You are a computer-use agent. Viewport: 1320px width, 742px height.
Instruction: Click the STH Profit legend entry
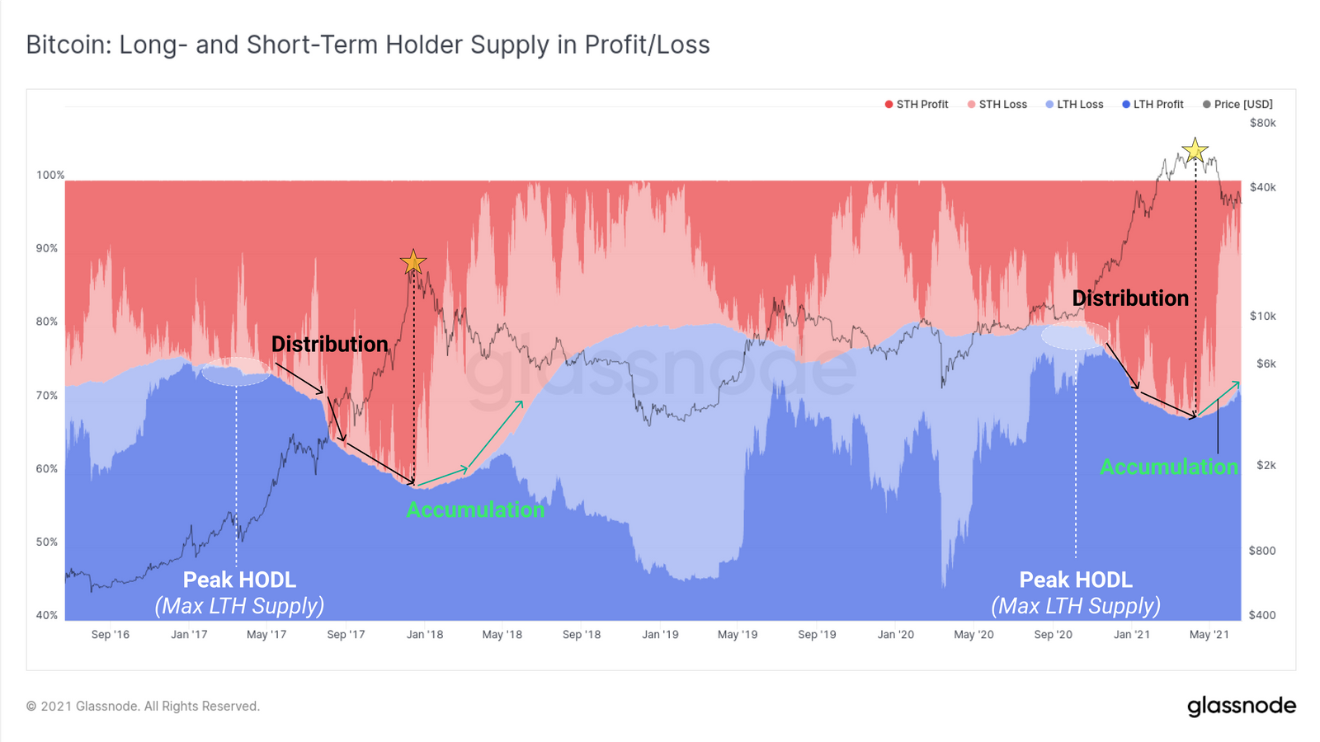point(917,105)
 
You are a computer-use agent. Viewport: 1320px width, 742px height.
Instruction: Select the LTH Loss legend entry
point(1074,105)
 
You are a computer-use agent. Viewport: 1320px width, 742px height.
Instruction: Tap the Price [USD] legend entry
point(1237,105)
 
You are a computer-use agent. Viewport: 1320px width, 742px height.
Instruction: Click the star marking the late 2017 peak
point(413,262)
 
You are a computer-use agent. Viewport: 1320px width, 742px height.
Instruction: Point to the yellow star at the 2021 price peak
point(1195,150)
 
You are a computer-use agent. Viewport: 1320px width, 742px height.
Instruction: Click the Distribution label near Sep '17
point(329,344)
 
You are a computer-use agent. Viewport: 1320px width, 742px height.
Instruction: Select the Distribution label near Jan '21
point(1130,298)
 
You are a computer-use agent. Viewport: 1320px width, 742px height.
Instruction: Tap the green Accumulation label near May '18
point(475,510)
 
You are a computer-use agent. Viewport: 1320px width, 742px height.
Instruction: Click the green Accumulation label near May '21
point(1169,467)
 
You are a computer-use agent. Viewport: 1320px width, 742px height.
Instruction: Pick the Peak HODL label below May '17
point(239,580)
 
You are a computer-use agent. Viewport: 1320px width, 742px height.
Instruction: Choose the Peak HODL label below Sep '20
point(1076,580)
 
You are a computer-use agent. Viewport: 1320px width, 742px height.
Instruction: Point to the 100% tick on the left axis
point(49,175)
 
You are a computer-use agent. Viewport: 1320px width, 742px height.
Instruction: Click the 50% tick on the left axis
point(47,542)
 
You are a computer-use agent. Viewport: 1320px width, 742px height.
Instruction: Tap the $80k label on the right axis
point(1262,123)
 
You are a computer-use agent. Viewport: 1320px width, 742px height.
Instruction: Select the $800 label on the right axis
point(1262,551)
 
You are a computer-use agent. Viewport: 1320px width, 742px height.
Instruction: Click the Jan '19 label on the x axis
point(660,634)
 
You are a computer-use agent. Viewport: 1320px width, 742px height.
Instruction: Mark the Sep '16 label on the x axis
point(111,634)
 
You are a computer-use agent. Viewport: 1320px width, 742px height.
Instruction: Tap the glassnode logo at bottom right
point(1241,706)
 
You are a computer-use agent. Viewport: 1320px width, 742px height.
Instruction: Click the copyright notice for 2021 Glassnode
point(143,706)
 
